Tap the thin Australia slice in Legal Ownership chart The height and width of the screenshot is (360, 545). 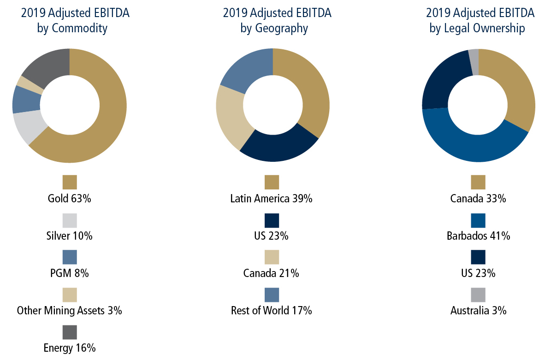coord(474,56)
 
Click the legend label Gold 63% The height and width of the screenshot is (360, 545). coord(70,199)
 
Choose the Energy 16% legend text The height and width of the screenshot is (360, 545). coord(70,348)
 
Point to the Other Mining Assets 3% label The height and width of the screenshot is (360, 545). coord(70,310)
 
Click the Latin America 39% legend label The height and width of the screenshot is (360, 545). coord(272,199)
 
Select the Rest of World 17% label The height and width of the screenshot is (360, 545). coord(272,310)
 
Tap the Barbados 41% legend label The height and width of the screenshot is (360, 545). coord(478,236)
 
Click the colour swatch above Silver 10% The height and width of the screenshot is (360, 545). coord(70,220)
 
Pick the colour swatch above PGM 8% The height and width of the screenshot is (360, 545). coord(70,257)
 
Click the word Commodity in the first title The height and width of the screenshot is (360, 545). coord(79,29)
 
